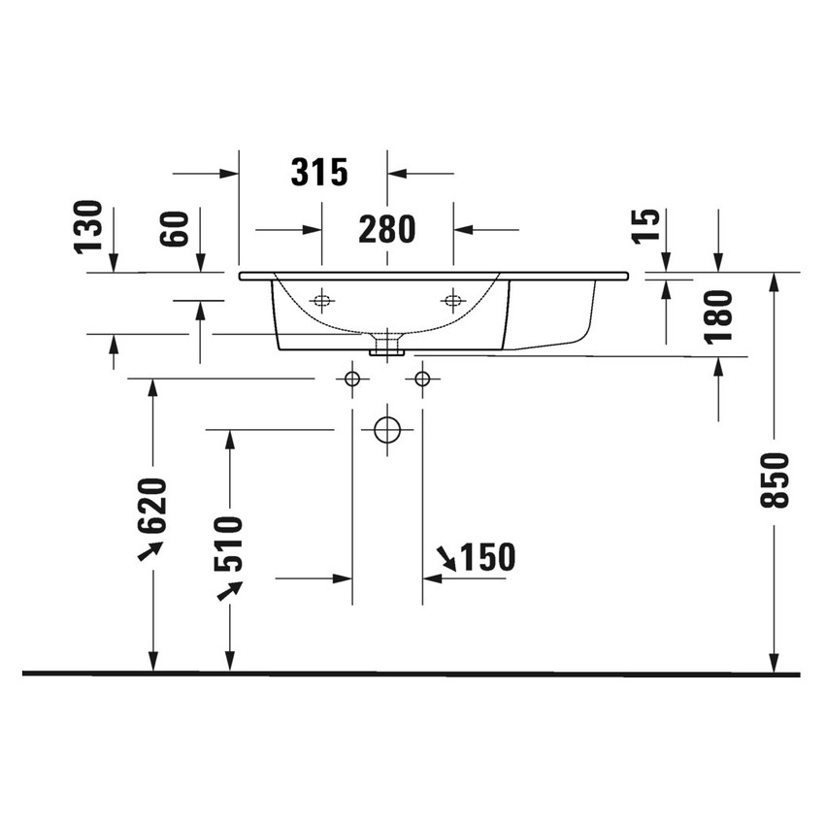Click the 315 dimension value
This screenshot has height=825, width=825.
319,173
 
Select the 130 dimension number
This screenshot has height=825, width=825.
89,224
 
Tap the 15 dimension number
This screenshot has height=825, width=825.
649,225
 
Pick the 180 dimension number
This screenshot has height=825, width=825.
719,316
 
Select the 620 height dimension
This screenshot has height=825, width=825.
153,505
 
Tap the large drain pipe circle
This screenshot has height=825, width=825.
387,429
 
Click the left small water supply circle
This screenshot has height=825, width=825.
352,378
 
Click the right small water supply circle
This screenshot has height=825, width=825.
422,378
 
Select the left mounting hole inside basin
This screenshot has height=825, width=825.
321,300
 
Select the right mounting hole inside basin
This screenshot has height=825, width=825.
451,299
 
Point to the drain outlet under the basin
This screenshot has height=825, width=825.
387,343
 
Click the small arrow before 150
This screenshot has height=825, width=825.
446,558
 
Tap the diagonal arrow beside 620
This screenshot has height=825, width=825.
149,550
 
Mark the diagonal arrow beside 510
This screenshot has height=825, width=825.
229,589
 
